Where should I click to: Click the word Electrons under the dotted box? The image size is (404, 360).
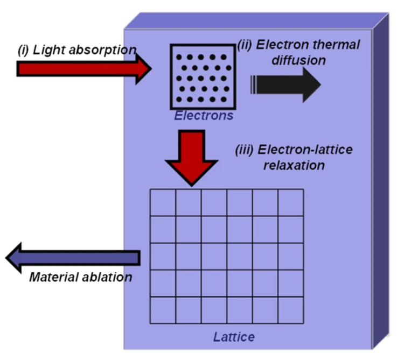point(204,115)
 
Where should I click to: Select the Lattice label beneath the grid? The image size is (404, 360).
point(233,337)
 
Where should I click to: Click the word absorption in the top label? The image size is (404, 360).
point(105,51)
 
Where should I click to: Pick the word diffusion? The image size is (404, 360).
point(302,60)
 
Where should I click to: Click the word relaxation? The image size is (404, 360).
point(294,165)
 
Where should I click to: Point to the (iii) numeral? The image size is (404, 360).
point(245,150)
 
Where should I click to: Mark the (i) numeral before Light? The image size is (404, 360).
point(23,51)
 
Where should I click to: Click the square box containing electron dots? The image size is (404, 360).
point(203,76)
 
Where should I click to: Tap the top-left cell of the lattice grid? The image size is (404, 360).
point(163,202)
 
